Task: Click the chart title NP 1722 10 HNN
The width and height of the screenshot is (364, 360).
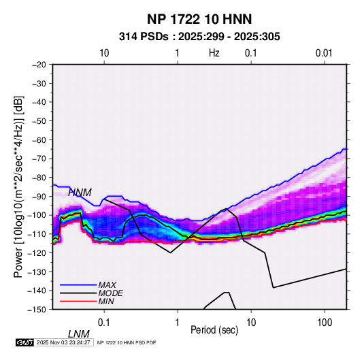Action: click(199, 19)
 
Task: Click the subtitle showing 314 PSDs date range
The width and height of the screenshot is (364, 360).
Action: click(199, 37)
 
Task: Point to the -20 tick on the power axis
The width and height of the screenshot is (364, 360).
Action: click(39, 65)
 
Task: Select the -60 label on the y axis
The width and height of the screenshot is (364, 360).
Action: click(39, 140)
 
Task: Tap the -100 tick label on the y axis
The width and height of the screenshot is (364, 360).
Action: click(37, 215)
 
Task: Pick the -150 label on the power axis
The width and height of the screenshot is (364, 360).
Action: click(37, 310)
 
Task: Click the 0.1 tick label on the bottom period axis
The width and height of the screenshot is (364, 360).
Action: click(104, 323)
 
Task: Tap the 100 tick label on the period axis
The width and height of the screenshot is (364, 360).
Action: click(325, 323)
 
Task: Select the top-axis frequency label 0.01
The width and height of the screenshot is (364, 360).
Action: click(324, 53)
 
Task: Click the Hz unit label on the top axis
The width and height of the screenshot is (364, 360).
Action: click(214, 53)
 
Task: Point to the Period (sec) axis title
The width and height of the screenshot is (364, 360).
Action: click(214, 330)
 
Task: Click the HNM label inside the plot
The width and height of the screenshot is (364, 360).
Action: click(80, 193)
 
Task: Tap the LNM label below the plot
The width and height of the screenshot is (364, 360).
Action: click(79, 334)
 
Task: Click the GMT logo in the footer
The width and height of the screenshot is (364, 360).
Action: click(24, 342)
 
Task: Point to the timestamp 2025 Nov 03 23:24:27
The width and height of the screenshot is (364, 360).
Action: click(63, 342)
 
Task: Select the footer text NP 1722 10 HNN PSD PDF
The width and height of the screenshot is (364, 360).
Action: click(127, 342)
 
